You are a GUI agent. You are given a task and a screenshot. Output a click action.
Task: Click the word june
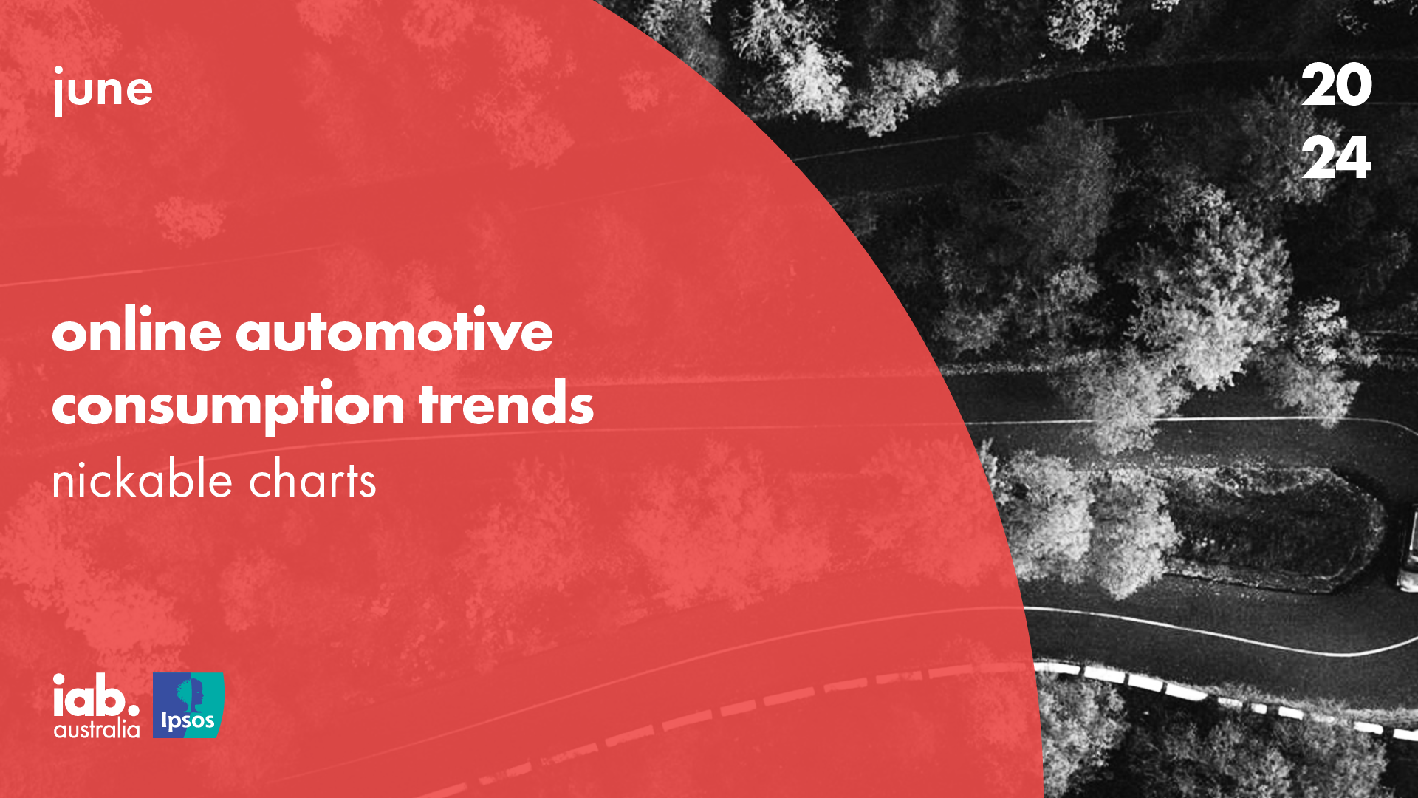[x=103, y=90]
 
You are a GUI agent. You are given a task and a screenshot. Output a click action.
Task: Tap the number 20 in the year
[x=1336, y=85]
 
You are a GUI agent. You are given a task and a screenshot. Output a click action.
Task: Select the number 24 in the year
[x=1336, y=157]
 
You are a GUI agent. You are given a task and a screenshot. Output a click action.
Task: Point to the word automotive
[x=394, y=330]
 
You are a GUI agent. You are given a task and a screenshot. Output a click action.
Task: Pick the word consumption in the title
[x=228, y=405]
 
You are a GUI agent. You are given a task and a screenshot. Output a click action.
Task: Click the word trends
[x=507, y=403]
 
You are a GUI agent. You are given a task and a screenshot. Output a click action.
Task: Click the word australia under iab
[x=97, y=730]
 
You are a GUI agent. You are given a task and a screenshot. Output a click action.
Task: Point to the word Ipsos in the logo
[x=188, y=721]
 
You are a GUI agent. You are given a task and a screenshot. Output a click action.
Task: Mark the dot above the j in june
[x=58, y=71]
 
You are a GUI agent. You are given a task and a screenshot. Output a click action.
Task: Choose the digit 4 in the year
[x=1354, y=157]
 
